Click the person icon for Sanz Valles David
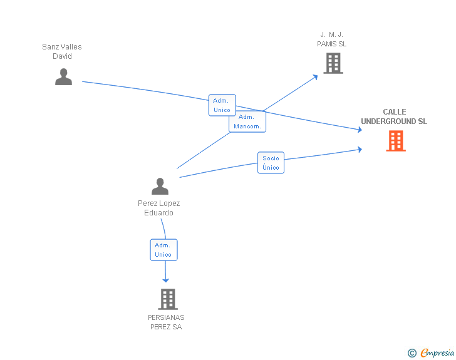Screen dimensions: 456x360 (63, 77)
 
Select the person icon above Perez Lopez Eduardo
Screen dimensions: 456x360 (160, 186)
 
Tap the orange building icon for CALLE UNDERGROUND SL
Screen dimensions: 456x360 (396, 141)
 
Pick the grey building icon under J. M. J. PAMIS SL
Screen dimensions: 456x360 (333, 63)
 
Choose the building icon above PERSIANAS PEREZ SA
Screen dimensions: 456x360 (168, 299)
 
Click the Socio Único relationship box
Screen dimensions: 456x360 (271, 163)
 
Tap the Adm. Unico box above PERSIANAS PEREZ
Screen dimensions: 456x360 (163, 250)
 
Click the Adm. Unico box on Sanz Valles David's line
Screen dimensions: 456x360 (222, 105)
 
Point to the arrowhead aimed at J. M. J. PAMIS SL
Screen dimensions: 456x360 (315, 77)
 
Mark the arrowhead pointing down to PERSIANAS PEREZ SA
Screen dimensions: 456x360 (165, 280)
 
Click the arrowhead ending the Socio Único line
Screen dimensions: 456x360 (360, 150)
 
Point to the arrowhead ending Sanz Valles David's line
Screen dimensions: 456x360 (360, 130)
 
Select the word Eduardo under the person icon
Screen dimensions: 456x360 (159, 213)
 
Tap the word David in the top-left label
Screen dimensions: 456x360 (62, 56)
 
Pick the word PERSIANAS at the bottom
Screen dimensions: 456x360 (166, 317)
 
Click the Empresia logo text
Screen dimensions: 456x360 (437, 352)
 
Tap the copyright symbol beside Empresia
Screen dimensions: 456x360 (412, 353)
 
